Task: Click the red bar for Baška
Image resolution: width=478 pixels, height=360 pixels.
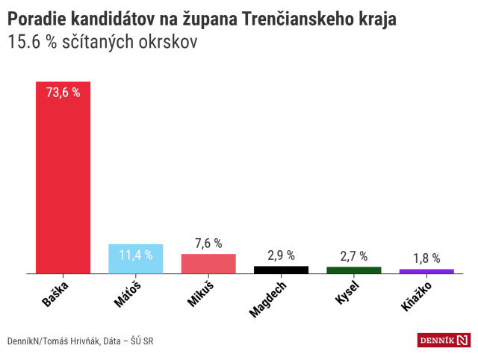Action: click(63, 179)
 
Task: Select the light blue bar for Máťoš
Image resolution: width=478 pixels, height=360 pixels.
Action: click(135, 259)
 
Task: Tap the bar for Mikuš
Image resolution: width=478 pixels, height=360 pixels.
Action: click(208, 264)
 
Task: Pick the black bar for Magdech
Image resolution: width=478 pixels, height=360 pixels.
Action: click(281, 270)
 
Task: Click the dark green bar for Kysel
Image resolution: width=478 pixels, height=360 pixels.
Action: click(353, 270)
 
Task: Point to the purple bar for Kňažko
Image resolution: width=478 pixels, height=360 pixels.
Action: click(426, 271)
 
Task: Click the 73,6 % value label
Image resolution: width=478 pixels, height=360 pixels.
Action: click(63, 93)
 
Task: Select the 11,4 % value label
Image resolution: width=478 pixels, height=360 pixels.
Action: click(135, 255)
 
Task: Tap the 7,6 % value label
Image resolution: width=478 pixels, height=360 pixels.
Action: click(208, 243)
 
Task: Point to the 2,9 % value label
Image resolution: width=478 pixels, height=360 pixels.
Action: click(281, 255)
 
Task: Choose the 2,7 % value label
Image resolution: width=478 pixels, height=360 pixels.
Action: click(353, 256)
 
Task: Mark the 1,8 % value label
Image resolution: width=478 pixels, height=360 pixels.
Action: click(426, 258)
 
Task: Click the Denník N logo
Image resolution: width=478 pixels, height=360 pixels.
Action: click(444, 341)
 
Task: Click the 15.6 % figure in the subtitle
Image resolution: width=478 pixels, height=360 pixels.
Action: click(32, 43)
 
